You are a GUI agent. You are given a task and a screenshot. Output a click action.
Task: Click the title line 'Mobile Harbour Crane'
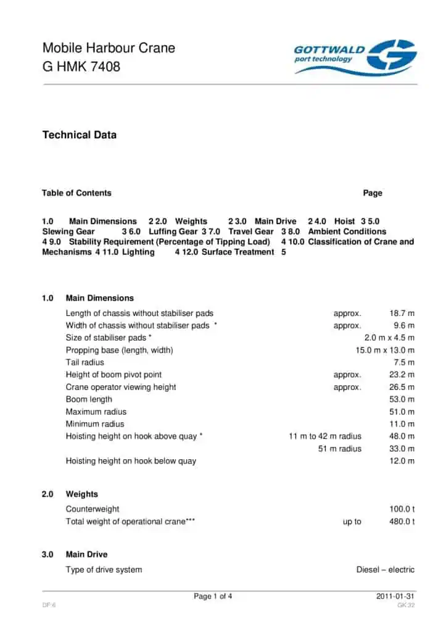pyautogui.click(x=109, y=48)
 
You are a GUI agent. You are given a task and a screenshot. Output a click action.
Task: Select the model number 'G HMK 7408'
pyautogui.click(x=81, y=66)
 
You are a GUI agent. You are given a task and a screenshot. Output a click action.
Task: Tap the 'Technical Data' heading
pyautogui.click(x=79, y=135)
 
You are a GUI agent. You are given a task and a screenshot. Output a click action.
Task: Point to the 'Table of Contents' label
pyautogui.click(x=76, y=193)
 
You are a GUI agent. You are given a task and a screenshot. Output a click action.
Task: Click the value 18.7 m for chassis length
pyautogui.click(x=402, y=313)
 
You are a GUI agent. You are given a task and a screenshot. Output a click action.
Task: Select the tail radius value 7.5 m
pyautogui.click(x=404, y=362)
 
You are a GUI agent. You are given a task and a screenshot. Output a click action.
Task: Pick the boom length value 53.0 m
pyautogui.click(x=402, y=399)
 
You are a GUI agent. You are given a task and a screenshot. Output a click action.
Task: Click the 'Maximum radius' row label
pyautogui.click(x=95, y=412)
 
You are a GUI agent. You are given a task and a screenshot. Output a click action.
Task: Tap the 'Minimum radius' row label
pyautogui.click(x=94, y=424)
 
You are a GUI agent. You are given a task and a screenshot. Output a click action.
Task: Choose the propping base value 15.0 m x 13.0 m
pyautogui.click(x=381, y=350)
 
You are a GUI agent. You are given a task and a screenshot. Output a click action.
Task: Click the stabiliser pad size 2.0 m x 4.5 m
pyautogui.click(x=389, y=338)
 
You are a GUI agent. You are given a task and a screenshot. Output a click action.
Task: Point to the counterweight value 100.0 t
pyautogui.click(x=402, y=509)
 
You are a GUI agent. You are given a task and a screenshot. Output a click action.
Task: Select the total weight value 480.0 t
pyautogui.click(x=402, y=522)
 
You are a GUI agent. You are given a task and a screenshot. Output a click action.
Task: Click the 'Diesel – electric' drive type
pyautogui.click(x=385, y=570)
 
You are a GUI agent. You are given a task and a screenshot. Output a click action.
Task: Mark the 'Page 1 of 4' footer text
pyautogui.click(x=213, y=596)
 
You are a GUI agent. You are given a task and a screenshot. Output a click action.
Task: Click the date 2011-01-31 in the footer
pyautogui.click(x=395, y=596)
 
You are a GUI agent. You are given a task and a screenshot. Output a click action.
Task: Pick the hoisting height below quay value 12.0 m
pyautogui.click(x=402, y=460)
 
